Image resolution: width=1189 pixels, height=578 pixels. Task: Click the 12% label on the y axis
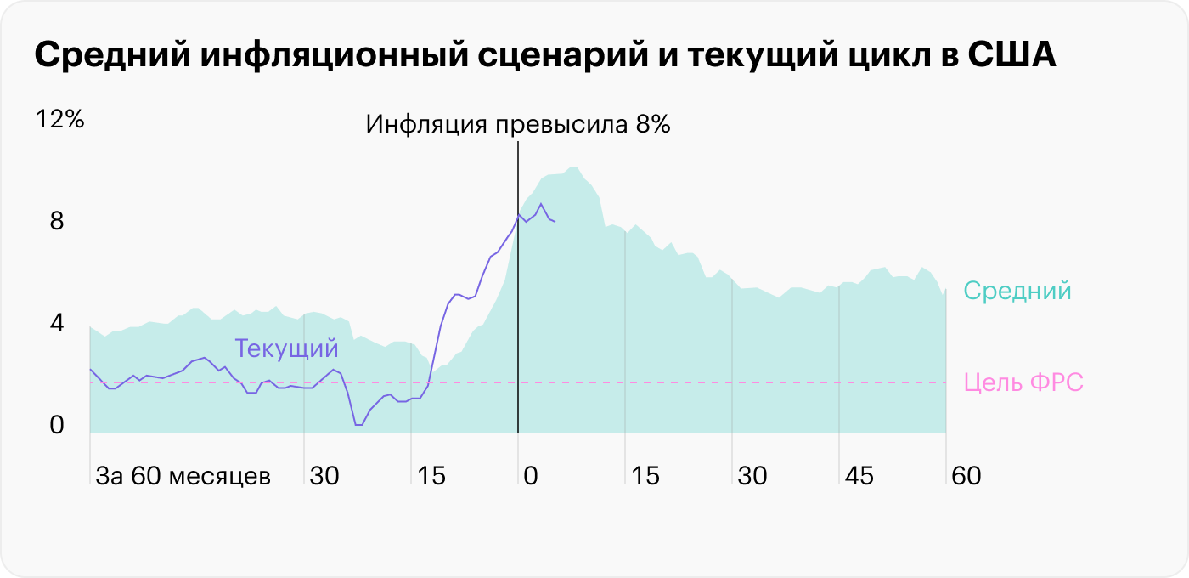59,120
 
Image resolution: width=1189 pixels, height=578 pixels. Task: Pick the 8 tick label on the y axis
57,222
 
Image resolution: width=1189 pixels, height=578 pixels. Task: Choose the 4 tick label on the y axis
57,324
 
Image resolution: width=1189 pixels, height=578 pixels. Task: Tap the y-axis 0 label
57,426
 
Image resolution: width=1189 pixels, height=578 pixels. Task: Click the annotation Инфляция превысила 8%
518,125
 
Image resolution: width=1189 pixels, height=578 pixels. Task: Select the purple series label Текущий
286,348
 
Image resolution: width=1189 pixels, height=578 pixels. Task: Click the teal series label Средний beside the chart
1017,292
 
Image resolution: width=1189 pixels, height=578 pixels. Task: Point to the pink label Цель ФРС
1024,382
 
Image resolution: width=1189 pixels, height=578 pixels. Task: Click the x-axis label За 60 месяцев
183,476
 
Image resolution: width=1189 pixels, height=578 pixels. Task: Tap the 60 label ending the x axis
966,476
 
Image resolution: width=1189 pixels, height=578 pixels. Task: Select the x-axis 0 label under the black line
531,476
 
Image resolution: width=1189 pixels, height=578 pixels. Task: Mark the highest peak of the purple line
541,204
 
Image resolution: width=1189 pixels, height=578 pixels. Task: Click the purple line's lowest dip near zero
358,424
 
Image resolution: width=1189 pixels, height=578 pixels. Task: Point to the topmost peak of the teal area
574,167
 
